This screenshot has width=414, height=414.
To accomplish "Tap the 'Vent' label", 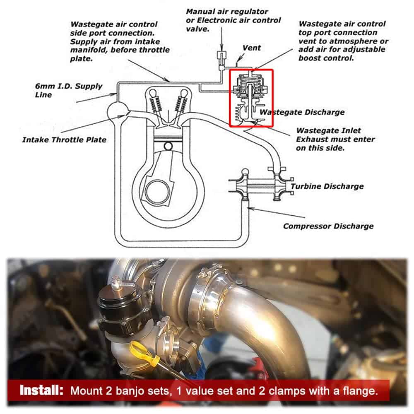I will (x=252, y=48).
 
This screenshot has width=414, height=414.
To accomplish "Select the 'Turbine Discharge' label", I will (x=327, y=186).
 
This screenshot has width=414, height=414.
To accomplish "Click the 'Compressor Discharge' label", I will (x=328, y=226).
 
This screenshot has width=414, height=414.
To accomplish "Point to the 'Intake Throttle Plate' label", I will (x=64, y=140).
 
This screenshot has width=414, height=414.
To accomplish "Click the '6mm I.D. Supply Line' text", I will (x=68, y=91).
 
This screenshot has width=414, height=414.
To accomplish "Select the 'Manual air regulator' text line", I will (x=227, y=12).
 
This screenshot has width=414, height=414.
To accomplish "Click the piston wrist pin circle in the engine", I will (x=168, y=146).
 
